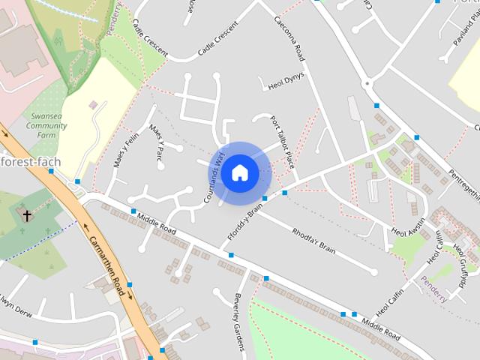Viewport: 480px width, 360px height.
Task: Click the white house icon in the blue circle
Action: pyautogui.click(x=239, y=172)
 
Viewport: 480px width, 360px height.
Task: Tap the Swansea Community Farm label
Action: pyautogui.click(x=46, y=126)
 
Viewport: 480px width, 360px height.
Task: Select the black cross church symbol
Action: pyautogui.click(x=27, y=216)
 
